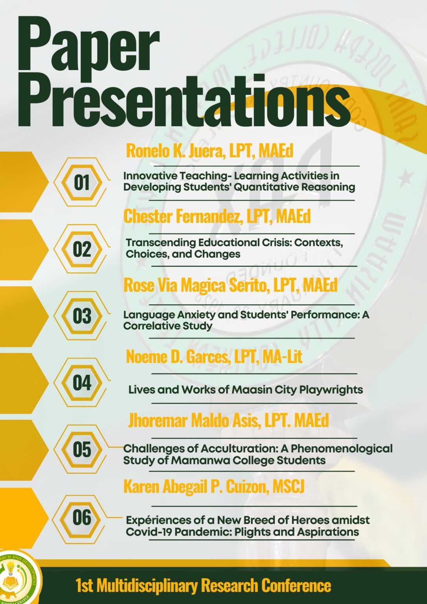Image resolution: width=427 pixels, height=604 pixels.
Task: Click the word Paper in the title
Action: point(89,48)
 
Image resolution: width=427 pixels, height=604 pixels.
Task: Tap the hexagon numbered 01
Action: point(82,182)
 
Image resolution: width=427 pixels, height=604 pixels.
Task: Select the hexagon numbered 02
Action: point(82,249)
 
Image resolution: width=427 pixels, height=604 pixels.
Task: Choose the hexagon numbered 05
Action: point(82,449)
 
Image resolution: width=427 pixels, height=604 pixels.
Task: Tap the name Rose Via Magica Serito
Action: point(195,285)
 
